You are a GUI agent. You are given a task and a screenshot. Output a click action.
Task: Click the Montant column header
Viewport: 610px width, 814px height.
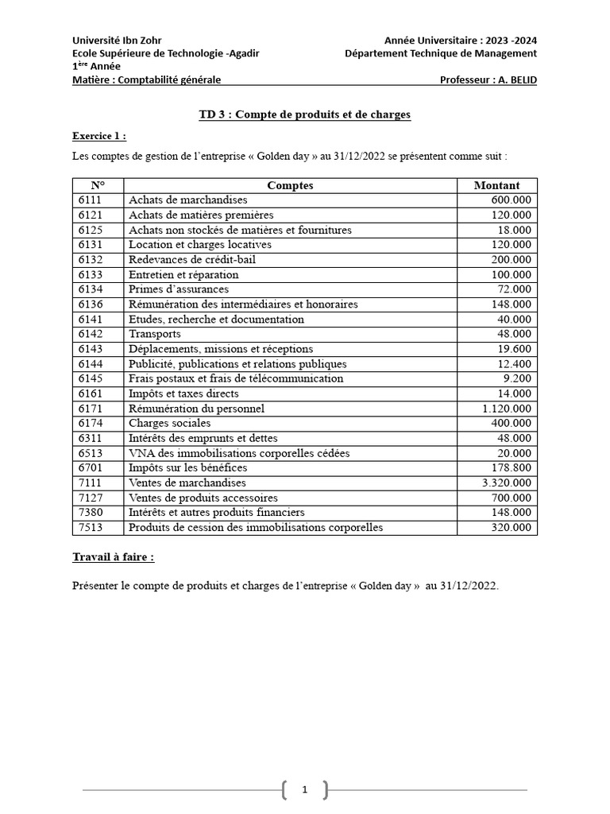point(496,185)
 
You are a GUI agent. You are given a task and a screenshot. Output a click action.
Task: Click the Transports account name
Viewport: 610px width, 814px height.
point(154,334)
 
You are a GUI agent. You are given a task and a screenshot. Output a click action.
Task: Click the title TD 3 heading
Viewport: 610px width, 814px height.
point(304,115)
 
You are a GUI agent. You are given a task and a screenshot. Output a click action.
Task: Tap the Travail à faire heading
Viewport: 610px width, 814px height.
point(113,557)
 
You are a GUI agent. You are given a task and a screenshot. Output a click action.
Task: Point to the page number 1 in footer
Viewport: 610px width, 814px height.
point(304,789)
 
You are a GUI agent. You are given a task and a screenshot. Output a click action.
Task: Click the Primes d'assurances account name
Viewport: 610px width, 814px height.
point(178,289)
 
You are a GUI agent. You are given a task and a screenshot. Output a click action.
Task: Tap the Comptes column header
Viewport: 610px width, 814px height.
point(290,185)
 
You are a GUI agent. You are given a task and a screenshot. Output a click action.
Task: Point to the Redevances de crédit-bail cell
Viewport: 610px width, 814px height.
point(191,260)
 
